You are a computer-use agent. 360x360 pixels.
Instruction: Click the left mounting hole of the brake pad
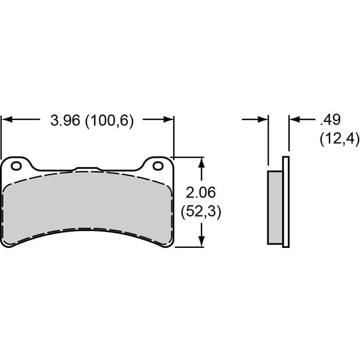[x=16, y=166]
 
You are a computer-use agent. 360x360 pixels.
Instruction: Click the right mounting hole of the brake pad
[x=158, y=166]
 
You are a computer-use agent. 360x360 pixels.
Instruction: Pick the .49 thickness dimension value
[x=330, y=120]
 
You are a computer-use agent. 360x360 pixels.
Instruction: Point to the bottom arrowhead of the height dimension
[x=202, y=242]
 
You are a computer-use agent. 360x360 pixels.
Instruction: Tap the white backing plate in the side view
[x=286, y=201]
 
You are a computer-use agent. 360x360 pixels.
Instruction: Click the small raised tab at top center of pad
[x=86, y=169]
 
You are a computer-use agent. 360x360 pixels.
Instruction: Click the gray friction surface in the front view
[x=87, y=206]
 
